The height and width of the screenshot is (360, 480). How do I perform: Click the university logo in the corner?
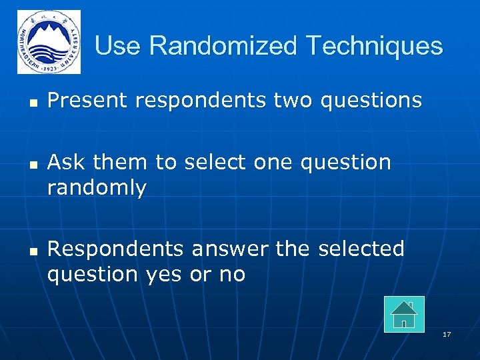pyautogui.click(x=49, y=42)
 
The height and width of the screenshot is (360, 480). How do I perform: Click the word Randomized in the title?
pyautogui.click(x=224, y=46)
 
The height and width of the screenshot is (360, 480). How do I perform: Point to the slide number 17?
pyautogui.click(x=447, y=334)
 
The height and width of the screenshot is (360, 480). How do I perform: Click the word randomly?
pyautogui.click(x=97, y=189)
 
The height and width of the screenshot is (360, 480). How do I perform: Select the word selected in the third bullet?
pyautogui.click(x=361, y=249)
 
